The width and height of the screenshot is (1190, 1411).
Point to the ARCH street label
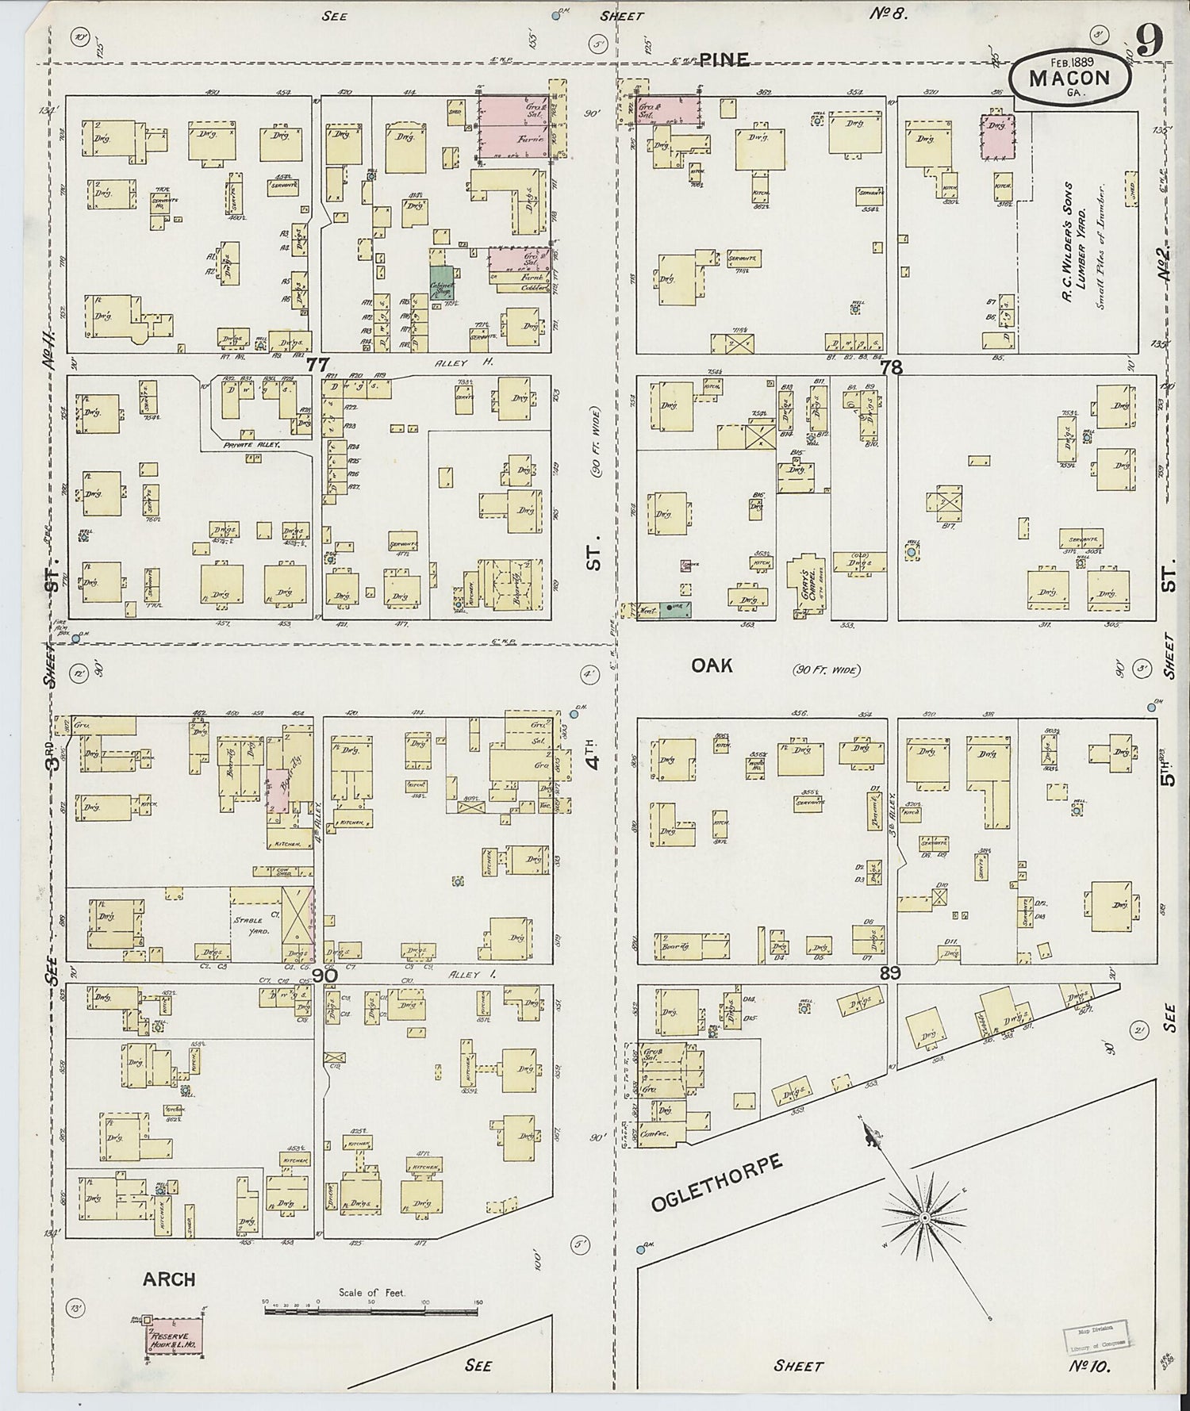pyautogui.click(x=169, y=1279)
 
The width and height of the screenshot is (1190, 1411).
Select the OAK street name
pyautogui.click(x=712, y=665)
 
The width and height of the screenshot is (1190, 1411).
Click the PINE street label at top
pyautogui.click(x=724, y=59)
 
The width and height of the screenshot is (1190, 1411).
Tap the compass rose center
pyautogui.click(x=924, y=1217)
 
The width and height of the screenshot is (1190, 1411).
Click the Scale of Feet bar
pyautogui.click(x=372, y=1309)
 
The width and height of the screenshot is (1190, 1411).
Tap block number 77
pyautogui.click(x=318, y=365)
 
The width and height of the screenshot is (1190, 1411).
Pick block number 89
pyautogui.click(x=890, y=972)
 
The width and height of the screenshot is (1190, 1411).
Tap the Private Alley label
pyautogui.click(x=252, y=446)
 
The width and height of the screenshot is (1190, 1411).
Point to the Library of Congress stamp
pyautogui.click(x=1097, y=1336)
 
